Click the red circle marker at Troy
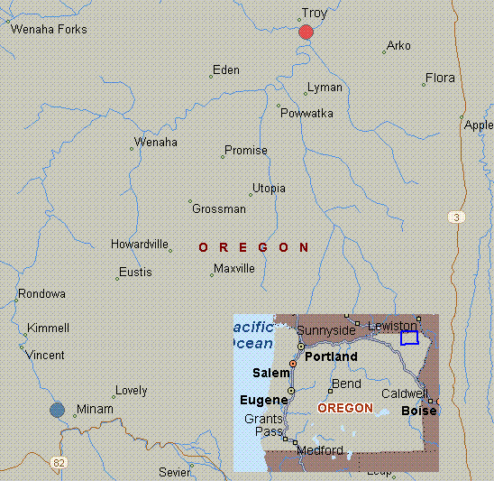(306, 32)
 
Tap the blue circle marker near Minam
(58, 410)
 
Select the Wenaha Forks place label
(49, 30)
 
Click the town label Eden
(226, 69)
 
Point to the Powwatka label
(306, 113)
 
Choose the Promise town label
(245, 151)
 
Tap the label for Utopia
(269, 189)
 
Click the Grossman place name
(219, 209)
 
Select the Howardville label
(141, 245)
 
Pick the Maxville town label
(234, 269)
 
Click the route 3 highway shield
(458, 217)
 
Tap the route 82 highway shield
(59, 463)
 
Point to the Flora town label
(440, 79)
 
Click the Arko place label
(398, 46)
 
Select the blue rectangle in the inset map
(409, 338)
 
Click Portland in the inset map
(331, 356)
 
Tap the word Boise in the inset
(418, 412)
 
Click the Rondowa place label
(41, 294)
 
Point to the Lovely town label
(131, 391)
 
